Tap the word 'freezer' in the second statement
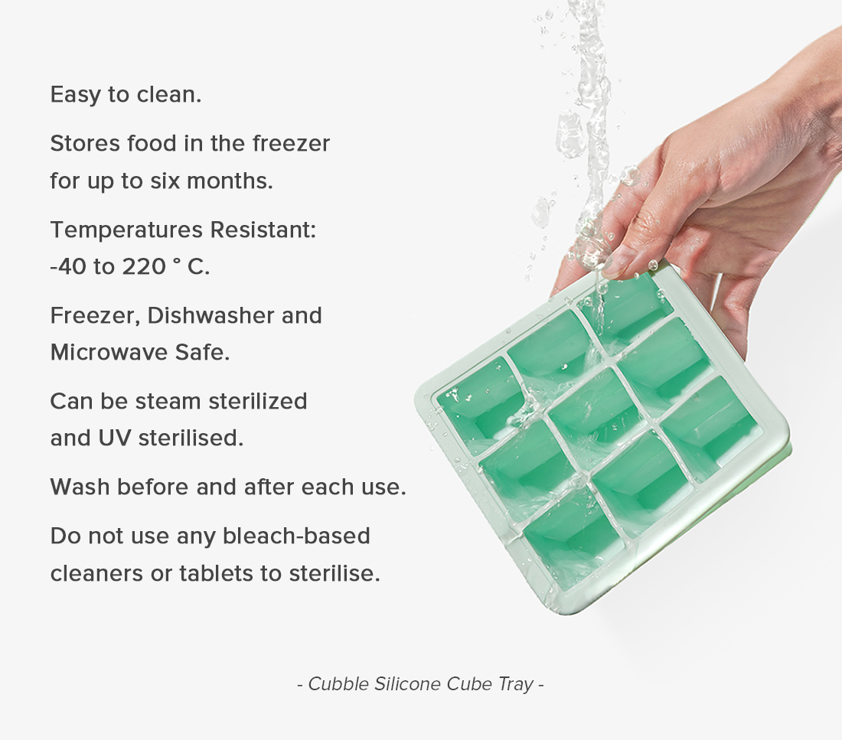coord(291,143)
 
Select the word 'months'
coord(230,181)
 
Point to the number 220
coord(144,266)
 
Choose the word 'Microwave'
coord(109,352)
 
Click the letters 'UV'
coord(115,438)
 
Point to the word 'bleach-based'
coord(296,536)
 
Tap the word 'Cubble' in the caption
coord(338,683)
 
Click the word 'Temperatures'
coord(127,230)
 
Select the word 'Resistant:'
coord(263,230)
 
